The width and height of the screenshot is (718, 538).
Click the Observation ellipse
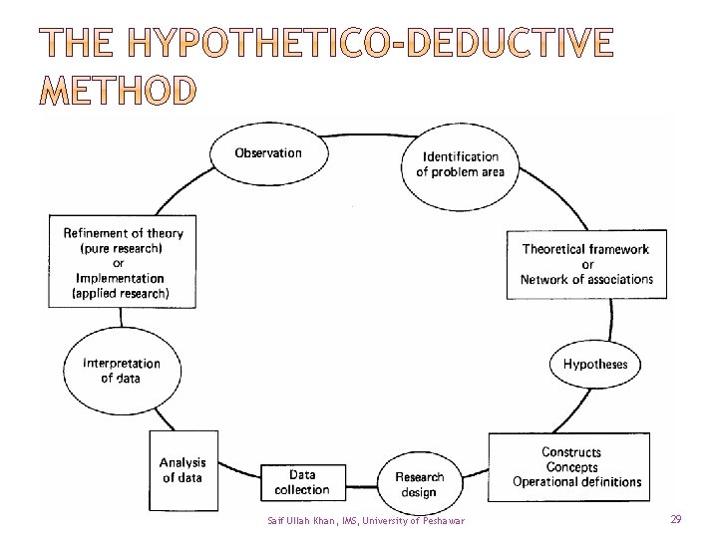(x=268, y=152)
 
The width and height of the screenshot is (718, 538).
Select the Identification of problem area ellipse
(x=460, y=164)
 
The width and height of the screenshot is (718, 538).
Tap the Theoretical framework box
(x=586, y=264)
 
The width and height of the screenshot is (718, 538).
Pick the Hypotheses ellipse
(x=595, y=364)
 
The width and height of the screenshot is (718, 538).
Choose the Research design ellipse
(x=419, y=484)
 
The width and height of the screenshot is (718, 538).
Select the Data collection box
(x=302, y=482)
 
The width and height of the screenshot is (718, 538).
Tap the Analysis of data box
(x=183, y=469)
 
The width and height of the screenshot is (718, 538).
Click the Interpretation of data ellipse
(x=121, y=371)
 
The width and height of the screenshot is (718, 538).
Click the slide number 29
(x=676, y=520)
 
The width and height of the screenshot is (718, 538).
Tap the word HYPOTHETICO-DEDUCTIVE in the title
(x=371, y=44)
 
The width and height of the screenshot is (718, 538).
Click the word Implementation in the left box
(x=121, y=279)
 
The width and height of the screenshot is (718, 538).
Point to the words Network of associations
(x=586, y=280)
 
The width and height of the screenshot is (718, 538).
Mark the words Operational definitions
(x=577, y=482)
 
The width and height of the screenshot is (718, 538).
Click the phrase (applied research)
(x=121, y=294)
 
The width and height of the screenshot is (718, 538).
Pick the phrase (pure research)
(x=124, y=248)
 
